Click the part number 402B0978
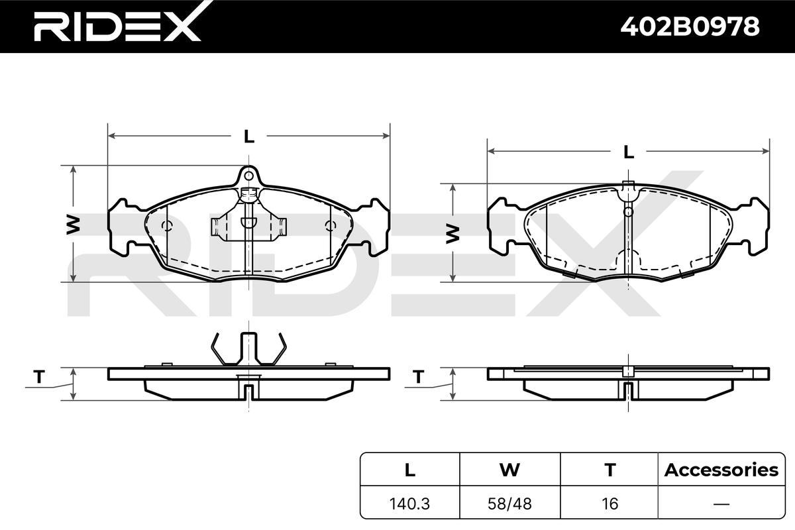[x=690, y=26]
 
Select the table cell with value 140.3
[x=409, y=503]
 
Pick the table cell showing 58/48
[x=509, y=503]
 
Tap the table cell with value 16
[x=609, y=503]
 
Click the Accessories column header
[x=721, y=470]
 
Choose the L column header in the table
[x=410, y=470]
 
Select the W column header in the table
[x=509, y=470]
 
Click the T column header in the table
[x=609, y=470]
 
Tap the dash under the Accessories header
[x=721, y=503]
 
